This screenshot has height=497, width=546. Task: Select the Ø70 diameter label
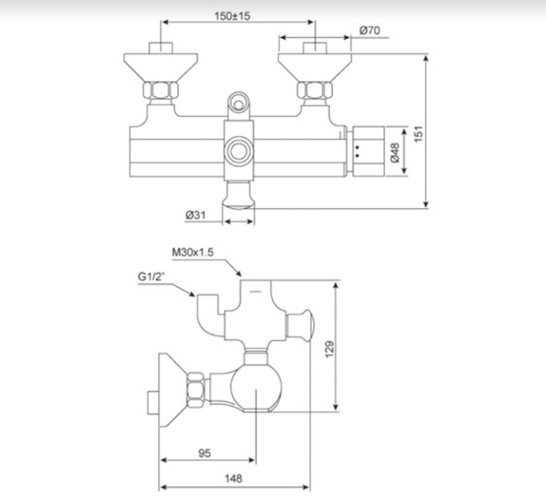tap(370, 31)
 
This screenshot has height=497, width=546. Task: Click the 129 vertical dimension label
tap(348, 348)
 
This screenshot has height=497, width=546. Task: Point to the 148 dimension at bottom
tap(233, 478)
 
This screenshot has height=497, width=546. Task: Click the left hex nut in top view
tap(161, 91)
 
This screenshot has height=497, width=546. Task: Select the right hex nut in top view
tap(314, 91)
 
